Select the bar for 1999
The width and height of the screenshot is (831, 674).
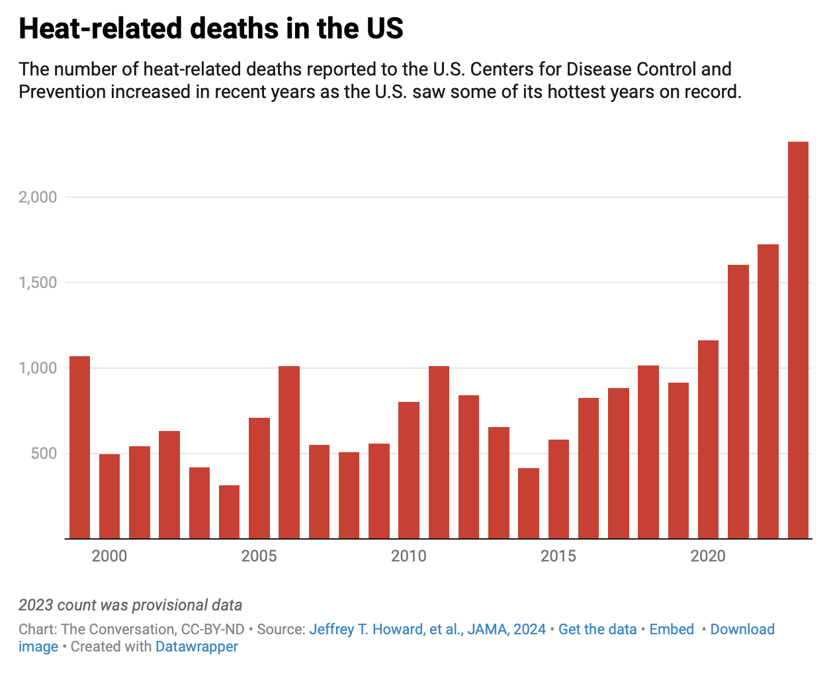pos(79,448)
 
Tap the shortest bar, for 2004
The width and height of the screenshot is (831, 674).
pos(229,512)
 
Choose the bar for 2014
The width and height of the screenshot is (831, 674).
pos(529,503)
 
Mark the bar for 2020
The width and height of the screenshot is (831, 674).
pos(708,440)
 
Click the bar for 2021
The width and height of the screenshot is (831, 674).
pos(738,402)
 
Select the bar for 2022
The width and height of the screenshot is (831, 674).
pos(768,391)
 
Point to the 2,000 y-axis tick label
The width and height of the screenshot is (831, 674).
pos(38,197)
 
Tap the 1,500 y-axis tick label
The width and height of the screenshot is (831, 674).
pos(38,283)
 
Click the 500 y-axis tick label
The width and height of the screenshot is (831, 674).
pos(43,454)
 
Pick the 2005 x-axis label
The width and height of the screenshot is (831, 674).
pos(259,556)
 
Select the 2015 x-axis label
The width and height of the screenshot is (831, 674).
pos(558,556)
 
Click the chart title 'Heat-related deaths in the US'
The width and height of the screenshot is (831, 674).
pos(211,29)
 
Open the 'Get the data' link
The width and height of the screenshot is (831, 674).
pos(597,630)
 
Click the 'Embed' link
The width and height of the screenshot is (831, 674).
pos(672,630)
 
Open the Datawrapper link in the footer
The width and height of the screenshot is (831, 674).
pos(197,647)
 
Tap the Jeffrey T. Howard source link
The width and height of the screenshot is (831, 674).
pos(427,630)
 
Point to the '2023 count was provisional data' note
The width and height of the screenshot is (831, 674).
pos(130,605)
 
